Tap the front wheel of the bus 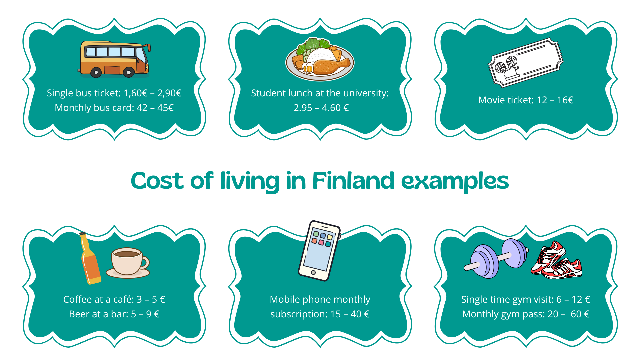click(x=129, y=72)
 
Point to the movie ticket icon click(x=526, y=62)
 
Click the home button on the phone click(x=313, y=273)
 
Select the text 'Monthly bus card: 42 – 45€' click(x=114, y=108)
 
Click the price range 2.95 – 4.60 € click(x=321, y=108)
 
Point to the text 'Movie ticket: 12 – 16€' click(x=526, y=100)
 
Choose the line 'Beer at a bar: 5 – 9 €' click(x=114, y=314)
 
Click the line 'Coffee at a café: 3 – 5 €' click(x=114, y=299)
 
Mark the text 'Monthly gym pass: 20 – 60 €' click(x=526, y=314)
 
